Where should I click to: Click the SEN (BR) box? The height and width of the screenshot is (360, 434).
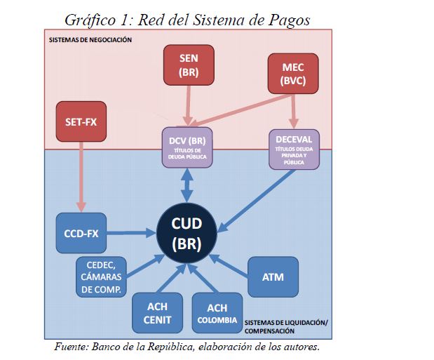tap(187, 65)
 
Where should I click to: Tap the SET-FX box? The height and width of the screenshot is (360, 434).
tap(81, 120)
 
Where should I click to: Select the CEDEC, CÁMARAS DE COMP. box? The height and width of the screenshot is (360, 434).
tap(100, 276)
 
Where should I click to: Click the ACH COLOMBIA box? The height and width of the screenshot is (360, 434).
tap(217, 313)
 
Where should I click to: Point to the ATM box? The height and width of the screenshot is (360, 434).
tap(273, 276)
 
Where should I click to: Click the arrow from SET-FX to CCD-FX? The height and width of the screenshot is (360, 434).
tap(82, 175)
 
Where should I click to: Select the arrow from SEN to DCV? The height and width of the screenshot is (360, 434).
tap(187, 105)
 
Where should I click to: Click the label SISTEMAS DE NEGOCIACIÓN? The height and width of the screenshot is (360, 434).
tap(90, 39)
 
